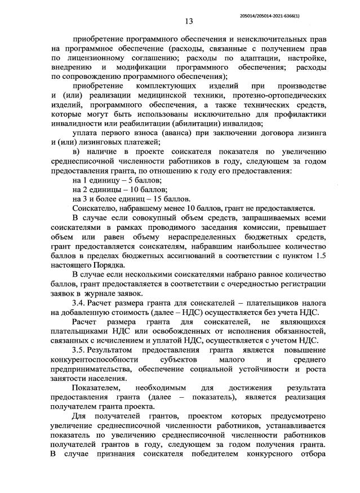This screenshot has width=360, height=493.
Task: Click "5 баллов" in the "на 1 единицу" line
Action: coord(143,179)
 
